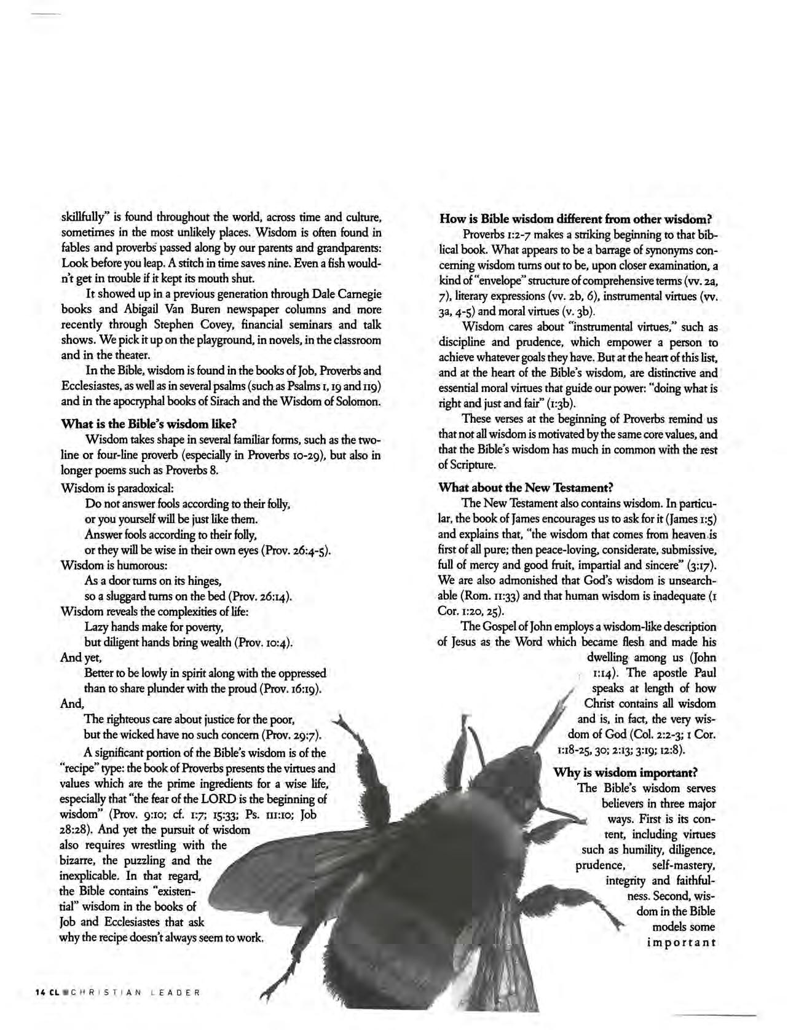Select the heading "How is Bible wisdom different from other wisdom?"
coord(575,219)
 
